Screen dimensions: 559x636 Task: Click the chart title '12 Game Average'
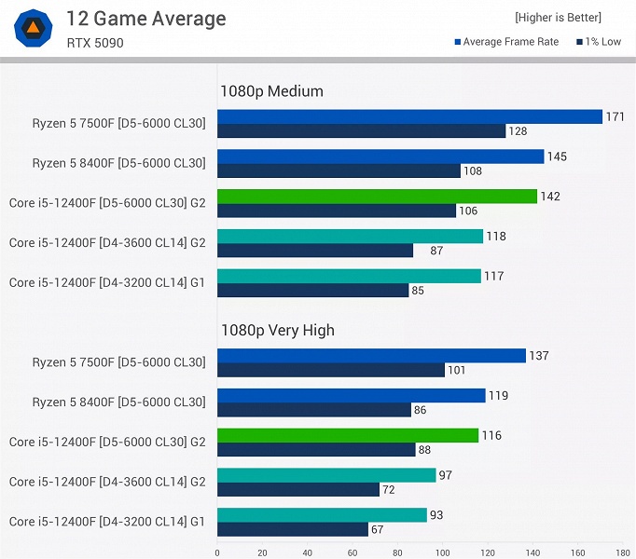click(x=146, y=19)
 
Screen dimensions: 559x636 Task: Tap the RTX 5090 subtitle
click(x=94, y=43)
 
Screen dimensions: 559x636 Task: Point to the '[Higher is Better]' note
click(x=558, y=18)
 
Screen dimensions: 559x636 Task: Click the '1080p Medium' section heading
click(x=271, y=91)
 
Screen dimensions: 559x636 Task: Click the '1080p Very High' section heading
click(x=277, y=330)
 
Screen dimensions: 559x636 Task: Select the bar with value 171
click(x=409, y=116)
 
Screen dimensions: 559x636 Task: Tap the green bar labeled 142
click(x=377, y=197)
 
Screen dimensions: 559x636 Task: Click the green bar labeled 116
click(x=348, y=435)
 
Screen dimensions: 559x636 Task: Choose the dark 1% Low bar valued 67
click(x=293, y=529)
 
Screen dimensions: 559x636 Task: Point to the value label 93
click(x=438, y=514)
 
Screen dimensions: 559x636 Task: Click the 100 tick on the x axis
click(x=443, y=552)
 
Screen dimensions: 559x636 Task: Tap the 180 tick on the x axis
click(x=623, y=552)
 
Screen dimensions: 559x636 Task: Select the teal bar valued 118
click(x=350, y=237)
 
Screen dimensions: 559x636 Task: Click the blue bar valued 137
click(x=371, y=356)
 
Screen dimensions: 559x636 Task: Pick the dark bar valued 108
click(x=339, y=171)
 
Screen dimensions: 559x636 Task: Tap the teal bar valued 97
click(x=326, y=475)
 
